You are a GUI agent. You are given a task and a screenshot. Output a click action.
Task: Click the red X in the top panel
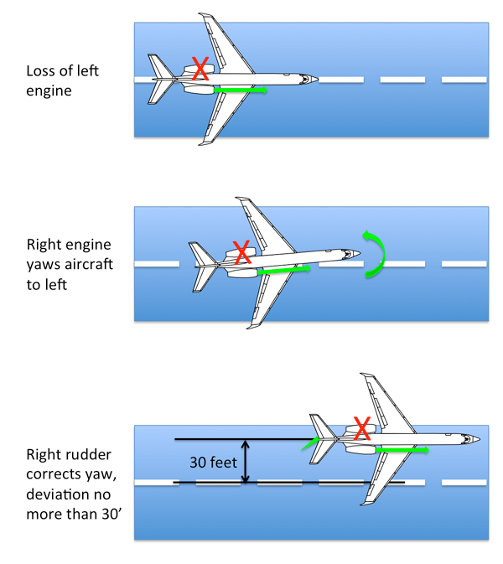coord(200,70)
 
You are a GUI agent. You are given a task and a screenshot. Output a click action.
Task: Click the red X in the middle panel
coord(241,251)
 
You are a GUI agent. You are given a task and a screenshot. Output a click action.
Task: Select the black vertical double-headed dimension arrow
coord(245,461)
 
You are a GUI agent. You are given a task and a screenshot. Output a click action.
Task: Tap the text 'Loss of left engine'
coord(62,80)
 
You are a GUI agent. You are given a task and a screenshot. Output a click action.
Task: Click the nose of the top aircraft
coord(315,80)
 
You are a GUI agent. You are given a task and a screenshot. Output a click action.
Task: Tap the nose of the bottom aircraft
coord(478,438)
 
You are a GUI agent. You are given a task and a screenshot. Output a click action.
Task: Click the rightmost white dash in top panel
coord(464,80)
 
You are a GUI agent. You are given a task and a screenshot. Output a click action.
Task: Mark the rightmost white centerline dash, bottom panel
coord(464,482)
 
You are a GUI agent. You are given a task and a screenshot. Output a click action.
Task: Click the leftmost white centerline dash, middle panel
coord(157,264)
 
